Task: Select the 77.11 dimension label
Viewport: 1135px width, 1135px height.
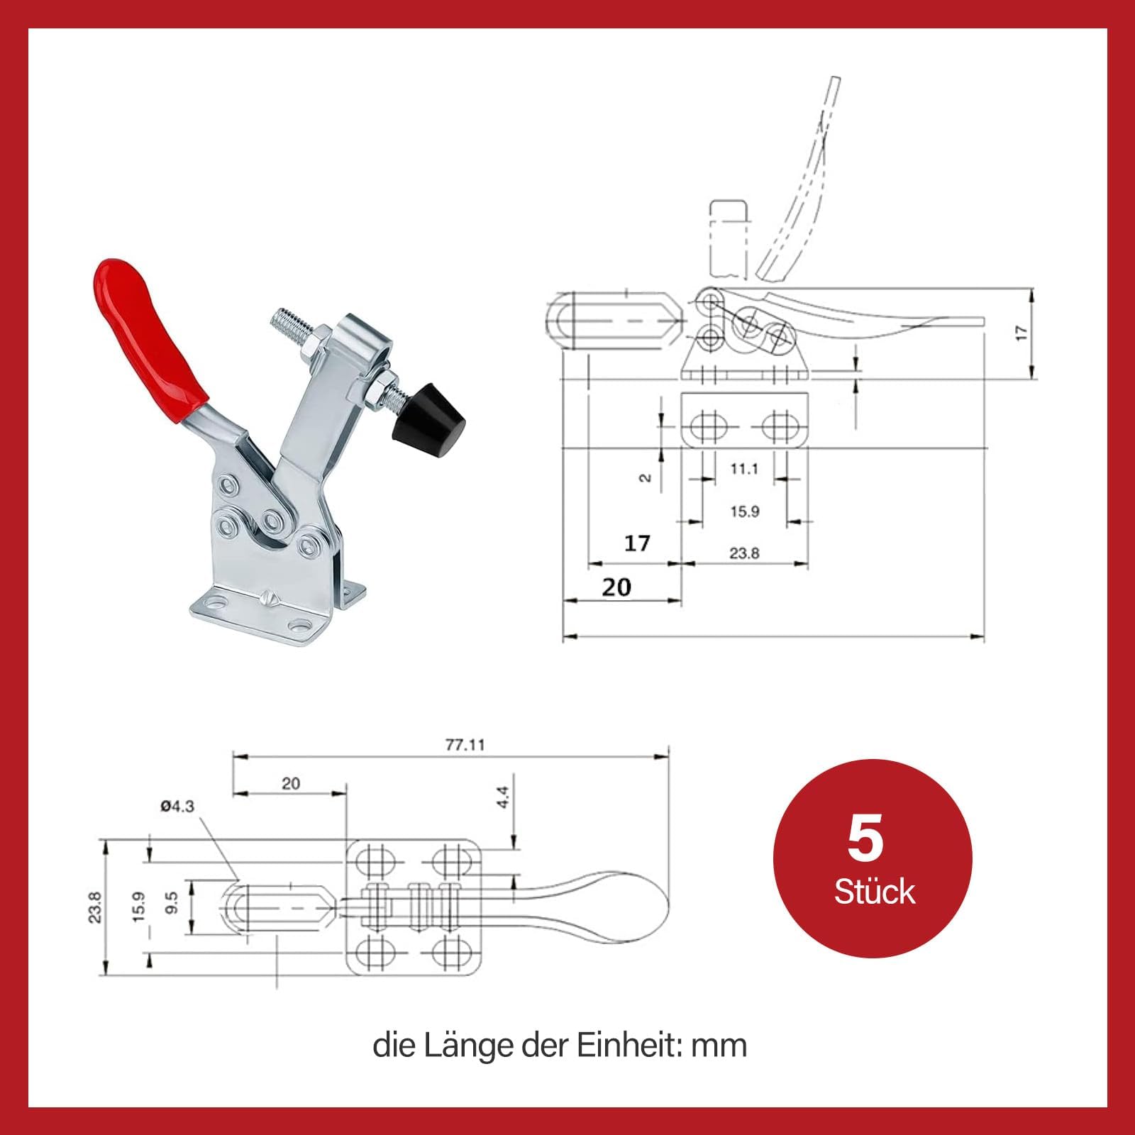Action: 465,745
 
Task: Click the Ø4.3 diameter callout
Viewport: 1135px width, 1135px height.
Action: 177,806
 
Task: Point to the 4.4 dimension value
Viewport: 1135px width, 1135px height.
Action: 503,797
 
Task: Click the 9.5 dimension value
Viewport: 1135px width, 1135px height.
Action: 172,904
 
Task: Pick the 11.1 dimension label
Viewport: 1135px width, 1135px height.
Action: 744,469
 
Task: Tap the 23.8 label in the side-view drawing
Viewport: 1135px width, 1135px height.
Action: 744,553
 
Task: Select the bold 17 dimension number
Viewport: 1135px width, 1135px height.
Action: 637,543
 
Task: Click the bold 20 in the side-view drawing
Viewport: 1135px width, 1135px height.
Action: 616,587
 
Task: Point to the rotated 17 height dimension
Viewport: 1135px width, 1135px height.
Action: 1021,333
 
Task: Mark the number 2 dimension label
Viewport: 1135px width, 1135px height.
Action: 645,478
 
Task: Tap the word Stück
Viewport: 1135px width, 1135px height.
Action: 874,892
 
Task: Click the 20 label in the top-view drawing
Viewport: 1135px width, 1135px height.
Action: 291,783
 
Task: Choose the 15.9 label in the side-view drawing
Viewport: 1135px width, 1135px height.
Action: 744,511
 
